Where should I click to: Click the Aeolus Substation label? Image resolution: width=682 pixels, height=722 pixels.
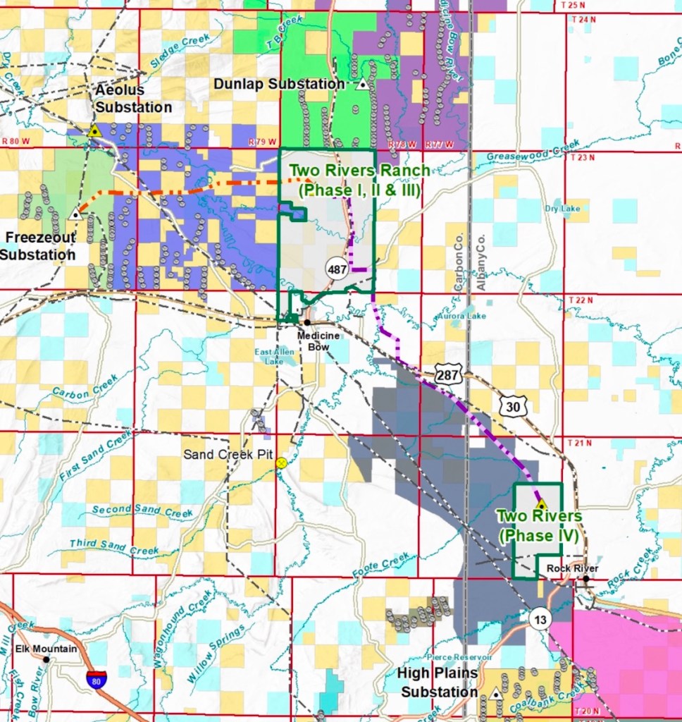click(x=133, y=99)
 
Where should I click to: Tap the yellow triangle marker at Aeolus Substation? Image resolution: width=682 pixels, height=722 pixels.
click(x=94, y=130)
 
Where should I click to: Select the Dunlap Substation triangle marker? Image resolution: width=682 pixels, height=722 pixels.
click(x=362, y=85)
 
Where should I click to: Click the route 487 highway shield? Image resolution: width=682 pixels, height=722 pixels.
click(x=337, y=268)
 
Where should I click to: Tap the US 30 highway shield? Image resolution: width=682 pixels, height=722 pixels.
click(x=512, y=405)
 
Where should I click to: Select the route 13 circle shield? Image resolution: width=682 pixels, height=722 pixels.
click(x=538, y=618)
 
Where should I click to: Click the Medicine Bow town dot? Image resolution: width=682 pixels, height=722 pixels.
click(x=306, y=322)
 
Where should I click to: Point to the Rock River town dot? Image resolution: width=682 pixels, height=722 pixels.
click(x=585, y=579)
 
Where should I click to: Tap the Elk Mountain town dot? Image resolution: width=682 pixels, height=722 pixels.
click(x=46, y=660)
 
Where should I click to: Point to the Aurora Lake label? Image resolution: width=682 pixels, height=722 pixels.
click(x=461, y=317)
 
